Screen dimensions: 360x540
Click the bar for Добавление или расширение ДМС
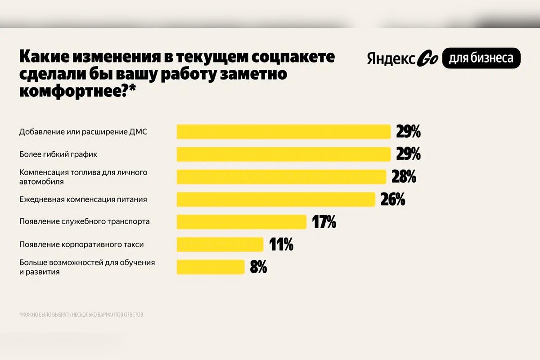[x=283, y=132]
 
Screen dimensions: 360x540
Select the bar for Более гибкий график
[x=283, y=154]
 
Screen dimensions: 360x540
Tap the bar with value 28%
[x=281, y=177]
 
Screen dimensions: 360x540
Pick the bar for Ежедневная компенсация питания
[x=276, y=199]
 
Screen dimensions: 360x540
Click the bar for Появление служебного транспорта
[x=242, y=222]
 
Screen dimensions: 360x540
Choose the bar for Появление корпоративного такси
[x=220, y=244]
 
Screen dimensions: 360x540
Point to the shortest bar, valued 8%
[x=211, y=267]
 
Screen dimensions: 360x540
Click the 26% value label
[x=393, y=199]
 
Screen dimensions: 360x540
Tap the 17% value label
[x=324, y=222]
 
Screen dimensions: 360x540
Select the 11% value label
[x=281, y=245]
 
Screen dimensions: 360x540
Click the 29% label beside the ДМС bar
[x=408, y=132]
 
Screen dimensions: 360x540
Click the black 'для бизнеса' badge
[x=481, y=58]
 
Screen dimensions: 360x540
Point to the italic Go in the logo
[x=427, y=59]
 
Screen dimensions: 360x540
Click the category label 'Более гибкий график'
[x=58, y=154]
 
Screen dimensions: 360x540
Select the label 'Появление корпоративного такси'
[x=81, y=245]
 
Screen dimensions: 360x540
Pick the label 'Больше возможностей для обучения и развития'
[x=87, y=267]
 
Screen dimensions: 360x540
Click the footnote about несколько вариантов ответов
[x=81, y=315]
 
